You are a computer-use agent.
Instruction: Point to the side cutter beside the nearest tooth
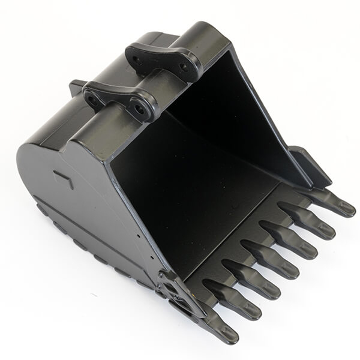(x=180, y=294)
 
